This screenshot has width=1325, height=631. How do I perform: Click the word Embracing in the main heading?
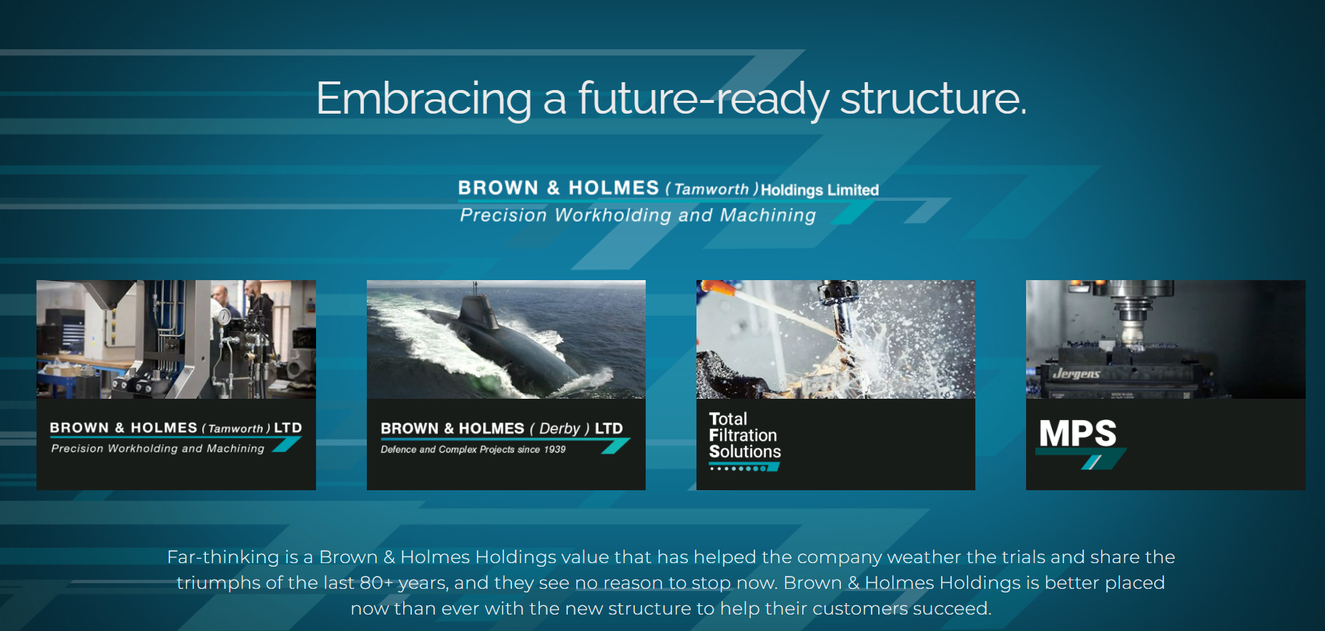pos(423,99)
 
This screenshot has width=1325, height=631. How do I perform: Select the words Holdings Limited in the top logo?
pos(819,190)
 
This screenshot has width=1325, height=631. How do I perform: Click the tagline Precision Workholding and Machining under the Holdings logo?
pos(638,215)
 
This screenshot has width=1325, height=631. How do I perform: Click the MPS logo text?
pos(1078,433)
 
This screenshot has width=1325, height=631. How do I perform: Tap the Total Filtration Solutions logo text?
pos(744,435)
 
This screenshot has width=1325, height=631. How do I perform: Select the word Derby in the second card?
pos(559,429)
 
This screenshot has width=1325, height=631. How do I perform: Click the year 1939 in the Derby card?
pos(554,449)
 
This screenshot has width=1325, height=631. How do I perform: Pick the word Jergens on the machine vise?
pos(1076,374)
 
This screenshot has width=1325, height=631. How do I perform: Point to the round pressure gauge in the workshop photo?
pos(225,315)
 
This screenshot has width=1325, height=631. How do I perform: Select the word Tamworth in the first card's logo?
pos(235,429)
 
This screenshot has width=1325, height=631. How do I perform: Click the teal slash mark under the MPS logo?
pos(1090,462)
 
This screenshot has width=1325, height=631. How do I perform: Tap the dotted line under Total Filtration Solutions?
pos(744,468)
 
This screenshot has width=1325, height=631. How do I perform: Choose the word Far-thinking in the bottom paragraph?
pos(223,557)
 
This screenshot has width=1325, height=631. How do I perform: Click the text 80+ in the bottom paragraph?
pos(376,583)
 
